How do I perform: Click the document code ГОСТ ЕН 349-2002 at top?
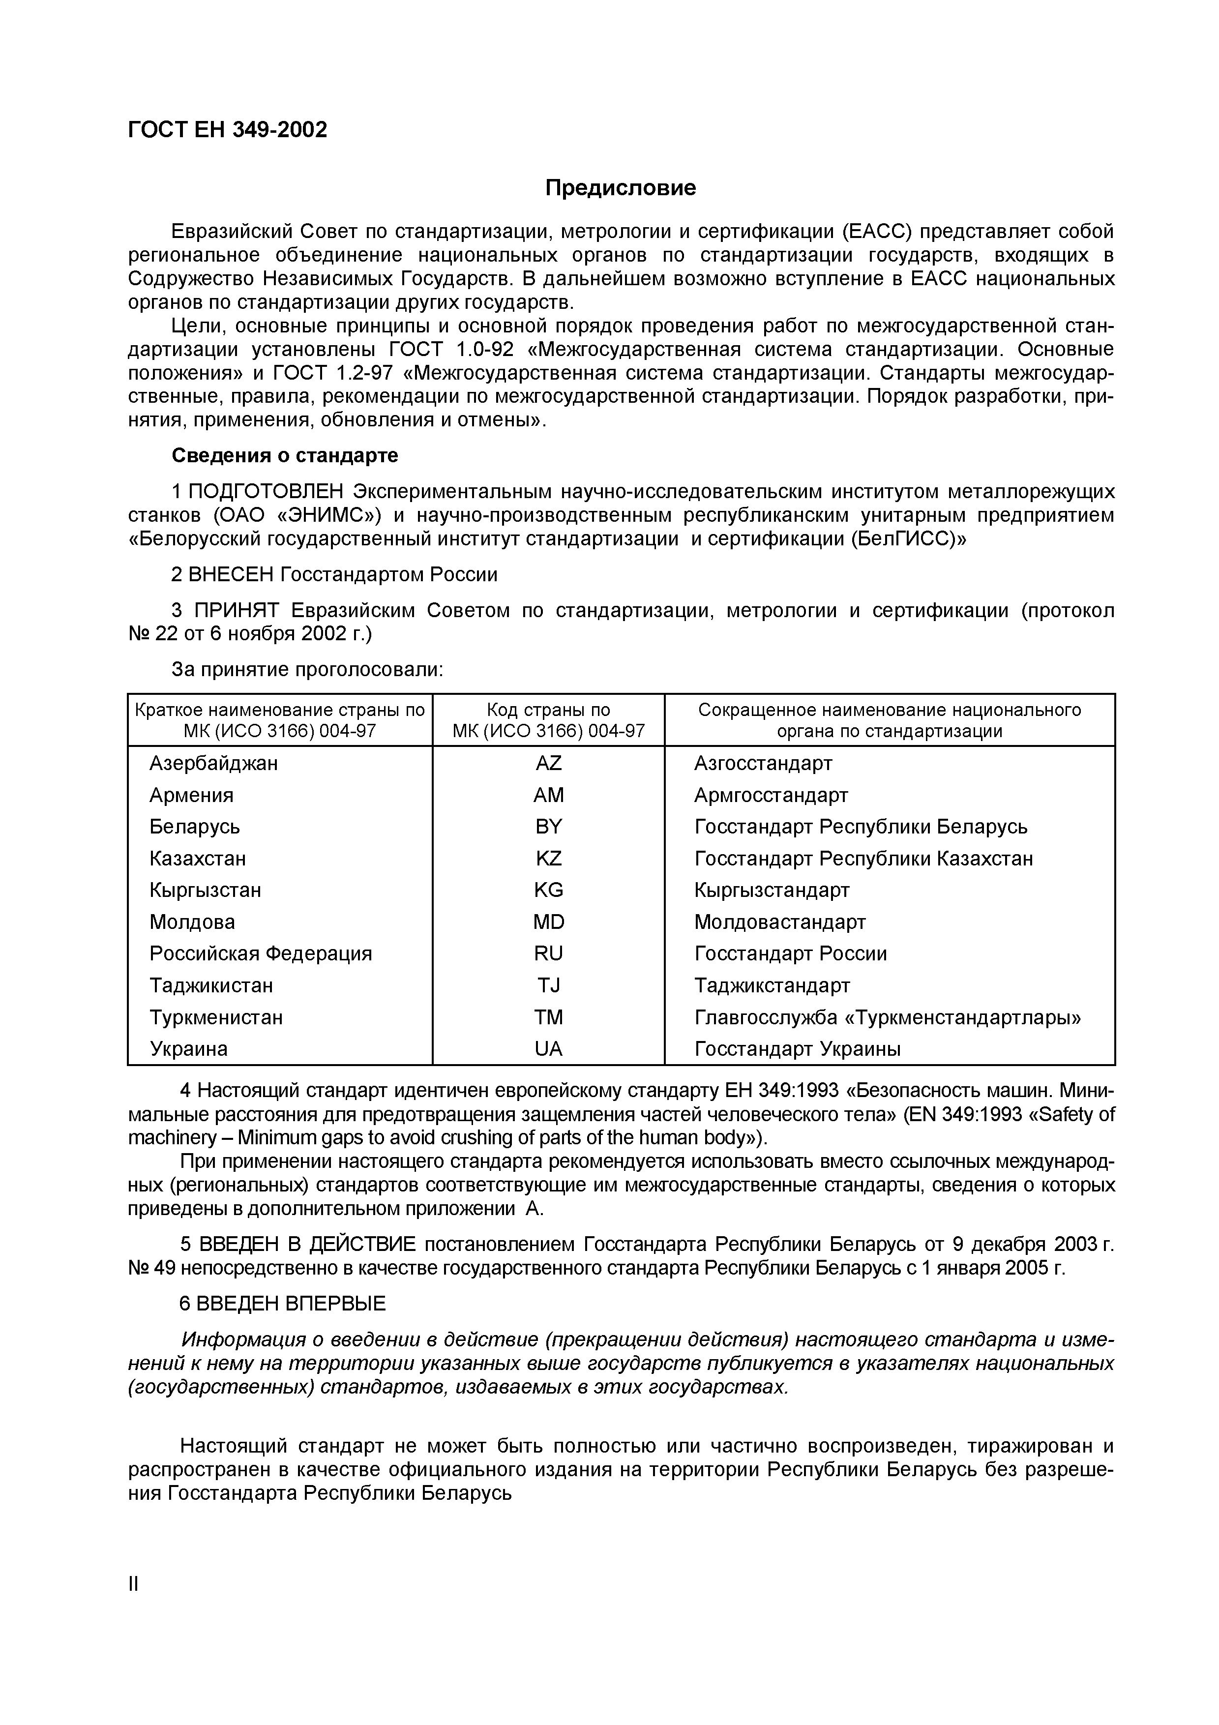point(228,130)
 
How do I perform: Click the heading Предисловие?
point(621,188)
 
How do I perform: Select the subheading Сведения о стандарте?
point(285,455)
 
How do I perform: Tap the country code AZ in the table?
point(548,763)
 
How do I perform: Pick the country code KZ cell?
point(548,858)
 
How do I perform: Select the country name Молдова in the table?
point(192,922)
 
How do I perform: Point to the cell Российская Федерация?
point(261,953)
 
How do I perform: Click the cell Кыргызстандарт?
point(772,891)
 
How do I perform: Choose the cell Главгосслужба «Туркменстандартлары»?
point(888,1017)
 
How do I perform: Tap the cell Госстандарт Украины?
point(797,1049)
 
